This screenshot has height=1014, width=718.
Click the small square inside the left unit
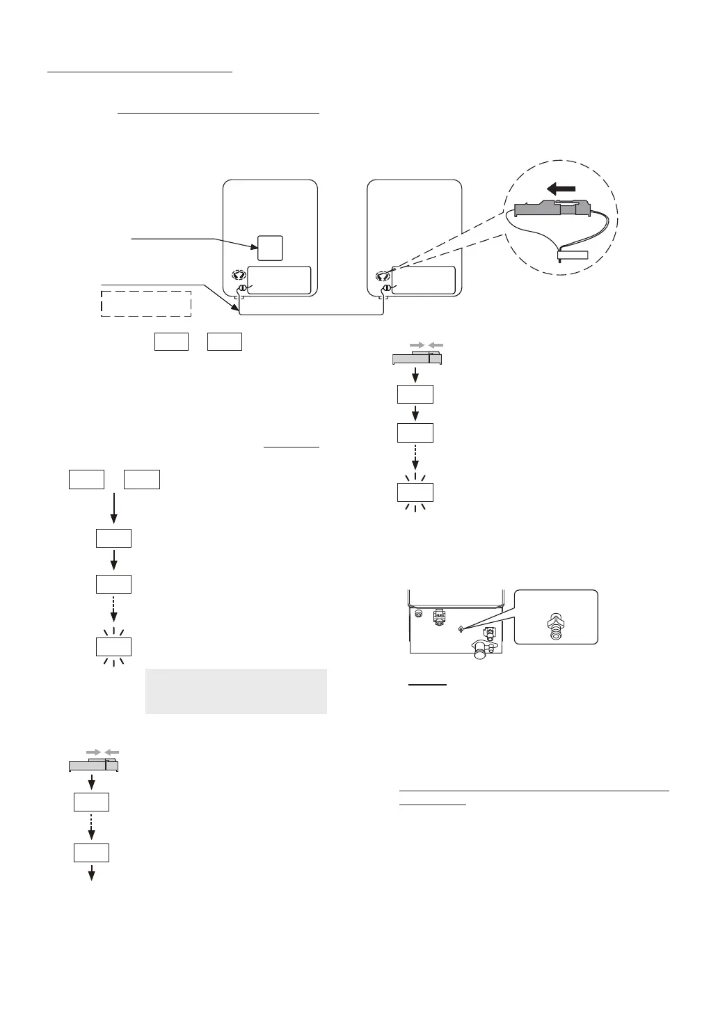[270, 247]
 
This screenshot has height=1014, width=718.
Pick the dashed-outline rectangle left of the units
[146, 303]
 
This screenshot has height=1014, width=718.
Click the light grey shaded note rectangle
[236, 691]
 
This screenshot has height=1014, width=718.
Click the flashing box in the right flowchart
[415, 492]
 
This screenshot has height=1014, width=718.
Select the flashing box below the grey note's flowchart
[113, 647]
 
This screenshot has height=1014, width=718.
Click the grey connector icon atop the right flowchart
[417, 358]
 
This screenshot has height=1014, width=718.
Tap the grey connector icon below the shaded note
[93, 765]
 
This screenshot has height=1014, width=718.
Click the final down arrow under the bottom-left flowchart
[91, 873]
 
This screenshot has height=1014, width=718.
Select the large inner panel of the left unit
[279, 280]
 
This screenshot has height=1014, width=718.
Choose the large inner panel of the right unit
[424, 280]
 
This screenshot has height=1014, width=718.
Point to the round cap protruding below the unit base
[479, 653]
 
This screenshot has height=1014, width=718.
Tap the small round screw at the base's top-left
[418, 615]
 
